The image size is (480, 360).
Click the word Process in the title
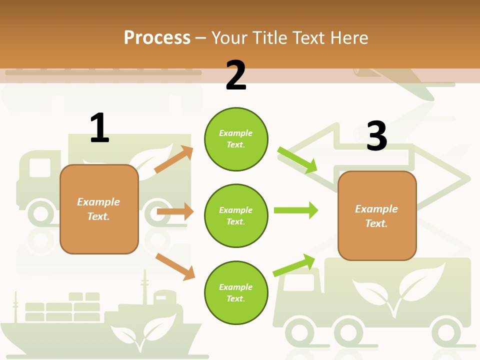(x=157, y=37)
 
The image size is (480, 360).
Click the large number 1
(x=99, y=128)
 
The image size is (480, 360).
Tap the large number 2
(x=236, y=75)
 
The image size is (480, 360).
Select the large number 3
(x=376, y=136)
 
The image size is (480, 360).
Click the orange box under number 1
(x=99, y=209)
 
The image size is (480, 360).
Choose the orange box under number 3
(x=377, y=216)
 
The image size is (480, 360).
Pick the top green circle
(x=236, y=139)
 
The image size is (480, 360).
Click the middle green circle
(x=236, y=216)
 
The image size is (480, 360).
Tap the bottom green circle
(x=236, y=293)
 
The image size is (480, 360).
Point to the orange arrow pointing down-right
(x=175, y=266)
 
